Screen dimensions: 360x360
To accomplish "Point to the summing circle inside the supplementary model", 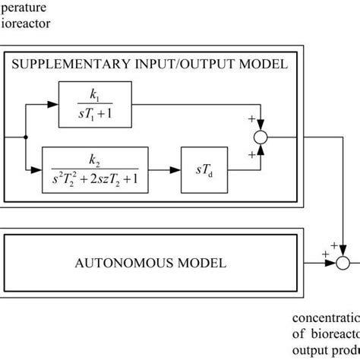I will (261, 137).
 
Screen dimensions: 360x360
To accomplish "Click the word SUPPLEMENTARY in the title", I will (67, 64).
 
